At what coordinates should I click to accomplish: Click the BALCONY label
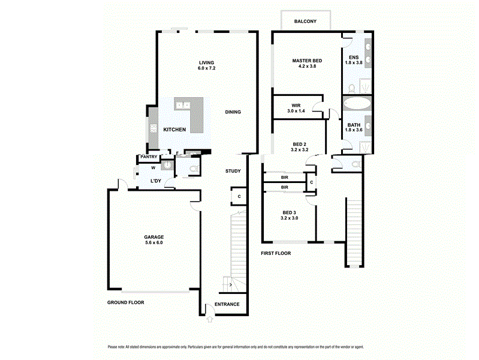point(305,22)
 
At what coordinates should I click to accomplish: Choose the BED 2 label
point(300,144)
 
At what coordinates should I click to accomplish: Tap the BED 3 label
point(289,212)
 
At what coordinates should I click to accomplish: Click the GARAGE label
point(153,237)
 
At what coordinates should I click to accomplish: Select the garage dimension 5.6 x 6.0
point(153,243)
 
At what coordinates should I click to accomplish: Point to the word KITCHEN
point(174,130)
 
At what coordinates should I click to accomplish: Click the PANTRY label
point(148,157)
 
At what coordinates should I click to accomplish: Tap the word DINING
point(233,112)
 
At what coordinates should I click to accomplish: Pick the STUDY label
point(233,171)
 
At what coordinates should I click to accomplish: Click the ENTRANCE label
point(227,304)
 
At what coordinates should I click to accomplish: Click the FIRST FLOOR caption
point(276,253)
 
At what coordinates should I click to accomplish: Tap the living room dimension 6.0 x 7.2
point(207,68)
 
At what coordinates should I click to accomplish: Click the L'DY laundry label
point(155,181)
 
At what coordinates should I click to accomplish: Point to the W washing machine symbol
point(153,168)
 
